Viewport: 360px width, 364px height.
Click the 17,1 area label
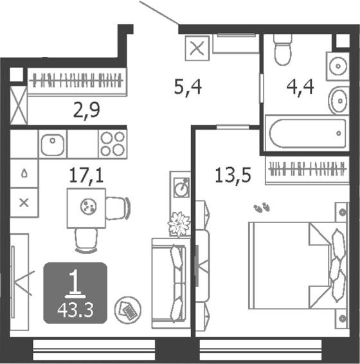pos(86,175)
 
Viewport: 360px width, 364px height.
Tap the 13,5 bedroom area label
pos(233,176)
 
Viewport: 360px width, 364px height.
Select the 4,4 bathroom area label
pos(300,87)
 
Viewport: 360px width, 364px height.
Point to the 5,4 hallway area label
pos(188,87)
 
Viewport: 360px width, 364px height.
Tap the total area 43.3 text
pos(75,311)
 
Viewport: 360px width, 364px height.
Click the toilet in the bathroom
pos(282,50)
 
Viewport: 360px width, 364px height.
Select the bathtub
pos(307,133)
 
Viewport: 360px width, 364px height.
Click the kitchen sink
pos(53,145)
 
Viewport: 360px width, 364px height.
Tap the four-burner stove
pos(113,144)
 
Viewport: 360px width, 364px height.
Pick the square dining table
pos(86,208)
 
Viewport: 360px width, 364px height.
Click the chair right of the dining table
pos(118,208)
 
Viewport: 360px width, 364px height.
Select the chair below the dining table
pos(86,241)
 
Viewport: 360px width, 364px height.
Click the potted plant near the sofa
pos(179,224)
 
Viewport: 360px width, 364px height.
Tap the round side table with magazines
pos(128,310)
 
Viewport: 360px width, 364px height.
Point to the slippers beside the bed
pos(262,207)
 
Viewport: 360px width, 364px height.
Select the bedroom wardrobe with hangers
pos(307,170)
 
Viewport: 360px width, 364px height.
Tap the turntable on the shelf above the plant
pos(182,188)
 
